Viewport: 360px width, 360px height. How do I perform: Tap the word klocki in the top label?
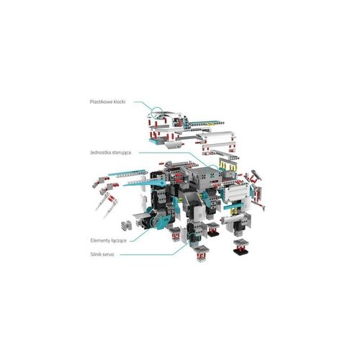click(120, 102)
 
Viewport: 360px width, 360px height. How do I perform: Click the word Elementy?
click(101, 240)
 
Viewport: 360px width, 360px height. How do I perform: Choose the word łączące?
click(120, 240)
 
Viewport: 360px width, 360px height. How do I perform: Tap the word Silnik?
click(96, 254)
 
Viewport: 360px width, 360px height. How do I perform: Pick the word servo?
click(108, 255)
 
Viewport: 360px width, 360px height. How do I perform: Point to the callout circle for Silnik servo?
click(188, 238)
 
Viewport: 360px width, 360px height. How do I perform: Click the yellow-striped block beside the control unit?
click(228, 165)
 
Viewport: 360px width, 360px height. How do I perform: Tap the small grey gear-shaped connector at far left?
click(127, 225)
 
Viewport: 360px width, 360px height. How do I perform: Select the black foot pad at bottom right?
click(240, 251)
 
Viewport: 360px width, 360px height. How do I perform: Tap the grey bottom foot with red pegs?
click(201, 254)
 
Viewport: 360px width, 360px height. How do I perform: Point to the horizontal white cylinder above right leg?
click(233, 218)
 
